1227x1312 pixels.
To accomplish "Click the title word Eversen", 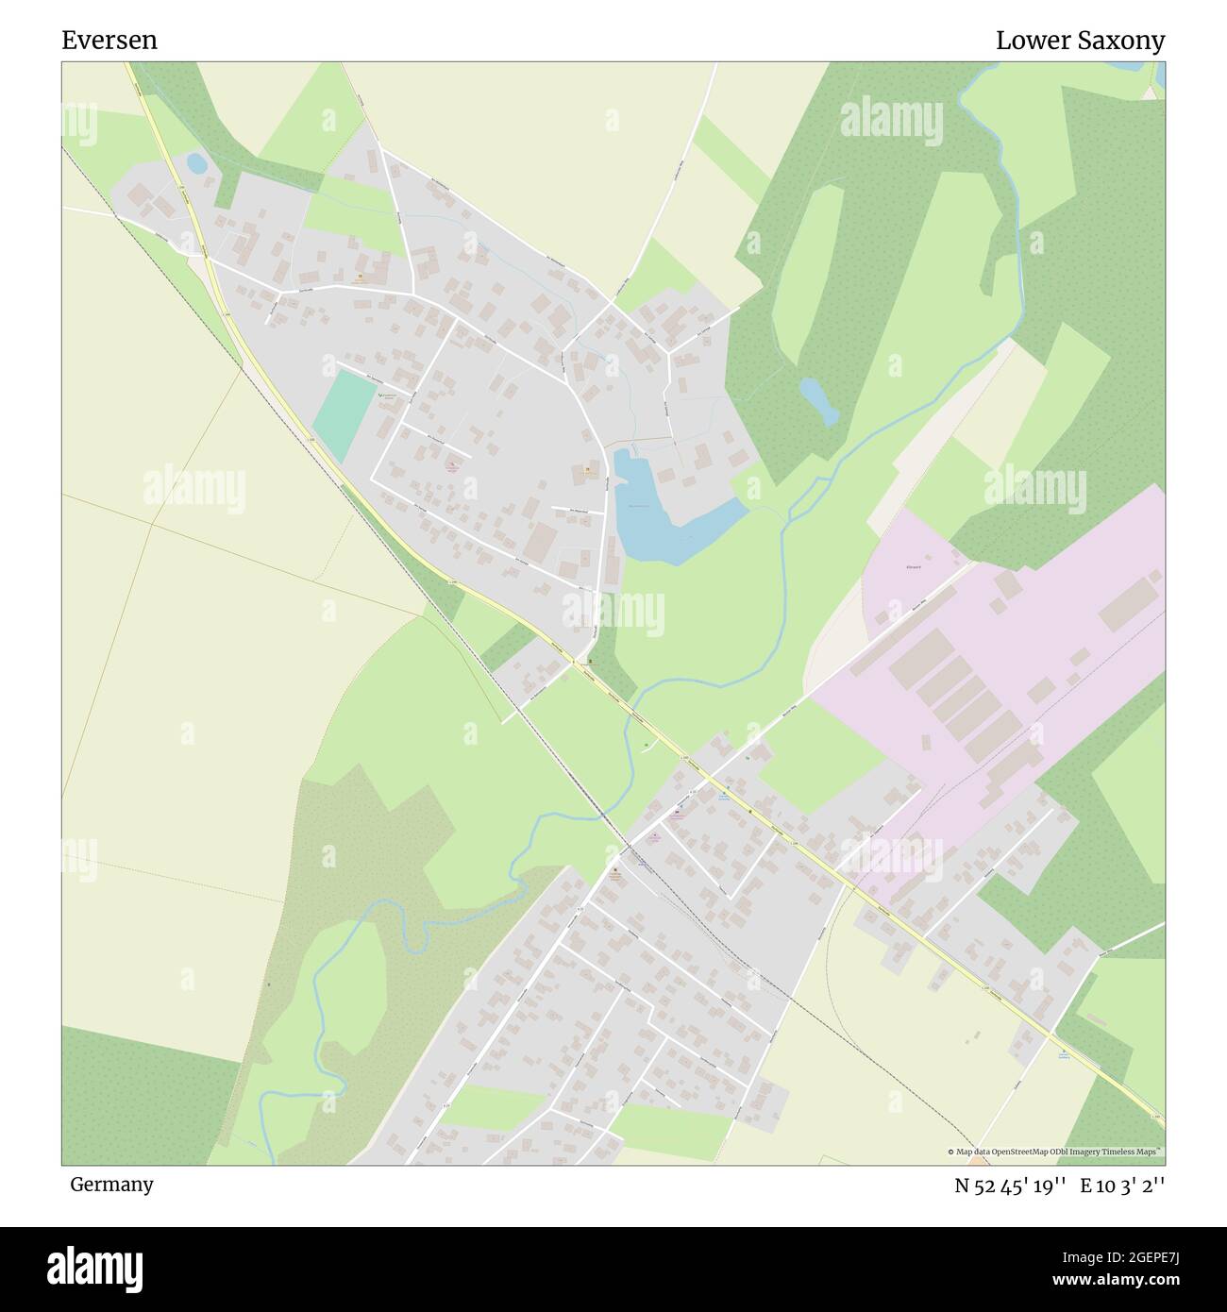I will coord(109,41).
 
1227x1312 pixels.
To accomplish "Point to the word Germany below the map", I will coord(111,1185).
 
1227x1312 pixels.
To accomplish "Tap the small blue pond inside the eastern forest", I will coord(817,400).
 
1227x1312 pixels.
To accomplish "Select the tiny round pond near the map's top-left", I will coord(196,163).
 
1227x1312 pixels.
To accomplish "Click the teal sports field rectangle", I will coord(343,409).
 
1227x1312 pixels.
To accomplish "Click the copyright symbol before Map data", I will coord(951,1152).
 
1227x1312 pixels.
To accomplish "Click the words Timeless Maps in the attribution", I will coord(1136,1152).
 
